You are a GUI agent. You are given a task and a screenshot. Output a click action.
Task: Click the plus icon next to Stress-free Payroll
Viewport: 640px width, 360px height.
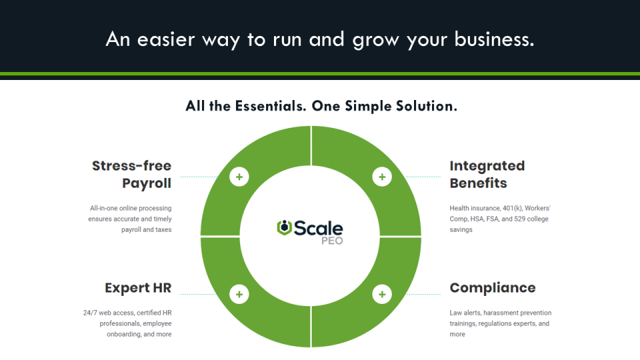point(239,177)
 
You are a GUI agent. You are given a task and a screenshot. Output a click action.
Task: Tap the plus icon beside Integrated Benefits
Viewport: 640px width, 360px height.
point(382,177)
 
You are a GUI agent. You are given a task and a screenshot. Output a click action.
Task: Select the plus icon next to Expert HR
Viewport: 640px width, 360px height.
point(239,294)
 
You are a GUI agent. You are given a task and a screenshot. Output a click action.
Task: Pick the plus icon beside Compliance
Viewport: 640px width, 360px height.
point(382,294)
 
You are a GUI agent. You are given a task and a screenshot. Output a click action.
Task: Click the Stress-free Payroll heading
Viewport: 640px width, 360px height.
point(131,175)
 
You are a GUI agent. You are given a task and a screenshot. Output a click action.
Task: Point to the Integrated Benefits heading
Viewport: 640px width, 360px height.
point(487,175)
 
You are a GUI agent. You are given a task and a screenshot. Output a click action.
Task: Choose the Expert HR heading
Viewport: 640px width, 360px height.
point(138,288)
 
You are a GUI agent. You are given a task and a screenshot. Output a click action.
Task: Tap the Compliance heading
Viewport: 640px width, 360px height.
point(492,288)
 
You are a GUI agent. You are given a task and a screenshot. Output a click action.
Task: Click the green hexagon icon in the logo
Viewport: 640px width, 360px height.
point(284,227)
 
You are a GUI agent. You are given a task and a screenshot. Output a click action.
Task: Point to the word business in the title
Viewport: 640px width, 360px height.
point(493,39)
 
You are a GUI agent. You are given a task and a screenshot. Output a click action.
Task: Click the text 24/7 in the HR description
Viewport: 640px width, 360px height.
point(89,313)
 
